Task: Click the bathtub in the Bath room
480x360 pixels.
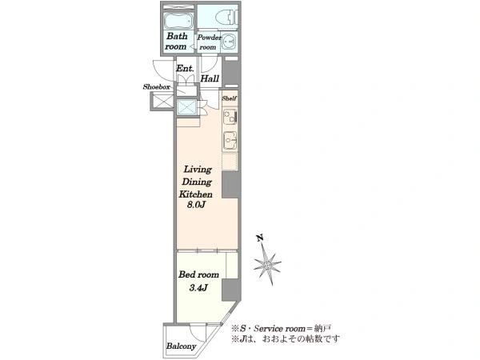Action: pyautogui.click(x=178, y=20)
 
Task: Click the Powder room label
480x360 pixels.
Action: pyautogui.click(x=209, y=42)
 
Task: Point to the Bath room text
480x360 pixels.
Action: pyautogui.click(x=176, y=42)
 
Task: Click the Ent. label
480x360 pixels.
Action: pyautogui.click(x=185, y=68)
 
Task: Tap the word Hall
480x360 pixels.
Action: pyautogui.click(x=210, y=78)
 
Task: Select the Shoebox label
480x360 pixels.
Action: pyautogui.click(x=156, y=87)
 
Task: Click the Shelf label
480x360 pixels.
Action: pyautogui.click(x=230, y=98)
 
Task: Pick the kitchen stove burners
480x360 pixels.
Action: pyautogui.click(x=230, y=117)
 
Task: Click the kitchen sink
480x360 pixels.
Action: pyautogui.click(x=230, y=141)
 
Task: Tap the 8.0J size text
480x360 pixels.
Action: pyautogui.click(x=196, y=205)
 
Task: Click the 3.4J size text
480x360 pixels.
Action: pyautogui.click(x=198, y=288)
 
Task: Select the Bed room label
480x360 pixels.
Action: pyautogui.click(x=198, y=274)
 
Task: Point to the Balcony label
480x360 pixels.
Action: pyautogui.click(x=181, y=346)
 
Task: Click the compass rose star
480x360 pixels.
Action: pyautogui.click(x=267, y=264)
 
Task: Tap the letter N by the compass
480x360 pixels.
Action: pyautogui.click(x=260, y=238)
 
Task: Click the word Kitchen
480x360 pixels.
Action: pyautogui.click(x=196, y=194)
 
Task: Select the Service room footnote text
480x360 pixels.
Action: pyautogui.click(x=281, y=329)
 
